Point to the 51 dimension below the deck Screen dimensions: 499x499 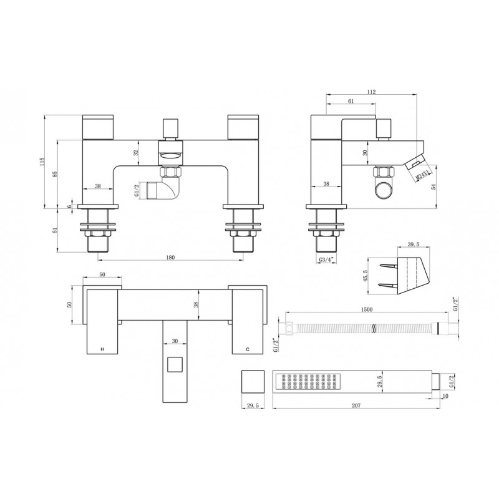54,230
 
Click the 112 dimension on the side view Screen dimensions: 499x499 372,91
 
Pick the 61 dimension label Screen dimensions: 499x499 351,101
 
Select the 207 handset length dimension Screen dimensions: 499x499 356,405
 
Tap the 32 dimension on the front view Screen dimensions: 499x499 137,152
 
